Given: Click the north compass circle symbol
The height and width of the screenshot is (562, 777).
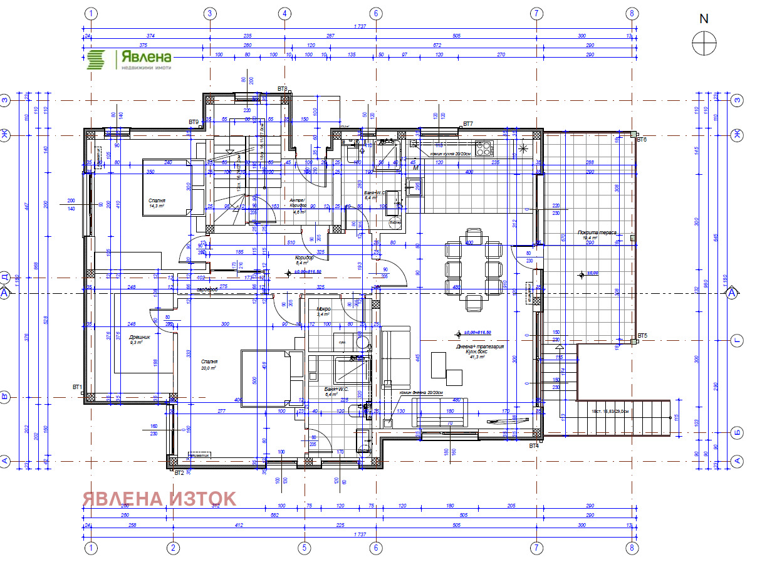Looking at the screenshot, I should [704, 43].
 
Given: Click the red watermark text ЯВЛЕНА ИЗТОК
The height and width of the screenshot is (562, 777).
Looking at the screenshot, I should [159, 499].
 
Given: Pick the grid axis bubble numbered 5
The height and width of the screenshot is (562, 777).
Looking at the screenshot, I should [304, 548].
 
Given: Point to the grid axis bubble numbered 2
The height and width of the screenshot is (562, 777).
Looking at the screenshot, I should [173, 548].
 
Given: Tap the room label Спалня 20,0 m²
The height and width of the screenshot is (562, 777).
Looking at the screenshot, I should [209, 365].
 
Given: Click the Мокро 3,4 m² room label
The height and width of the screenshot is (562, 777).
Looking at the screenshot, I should [323, 311].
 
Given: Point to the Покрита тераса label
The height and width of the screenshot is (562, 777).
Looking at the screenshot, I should [600, 234].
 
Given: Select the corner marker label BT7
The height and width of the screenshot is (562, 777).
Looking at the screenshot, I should [467, 124].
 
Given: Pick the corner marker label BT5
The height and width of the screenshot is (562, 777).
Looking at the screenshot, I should [642, 336].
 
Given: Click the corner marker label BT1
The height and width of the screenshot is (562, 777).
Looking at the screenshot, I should [78, 387].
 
